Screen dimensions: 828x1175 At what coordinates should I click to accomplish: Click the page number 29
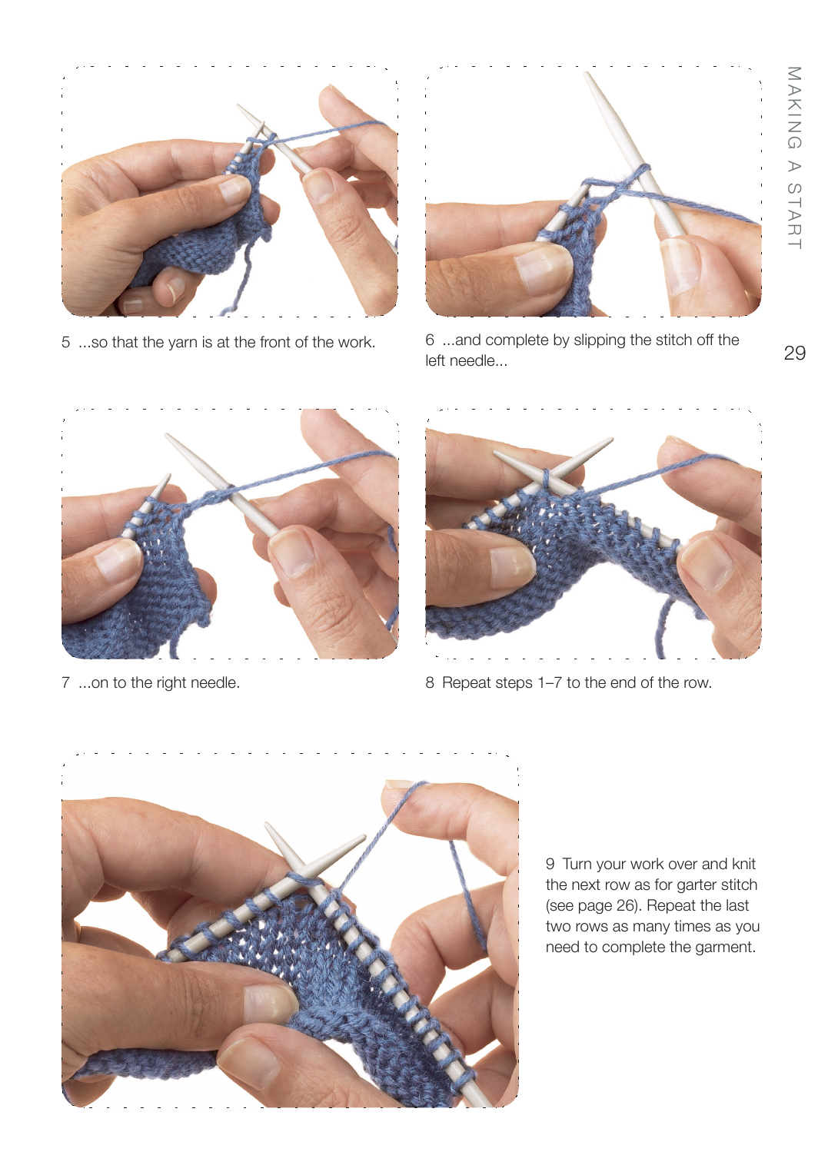point(794,353)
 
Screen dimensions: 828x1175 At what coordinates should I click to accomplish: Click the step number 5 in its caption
point(65,343)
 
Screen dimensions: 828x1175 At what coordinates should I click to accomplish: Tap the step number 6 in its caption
point(430,340)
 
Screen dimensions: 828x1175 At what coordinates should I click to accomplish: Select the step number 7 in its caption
point(65,682)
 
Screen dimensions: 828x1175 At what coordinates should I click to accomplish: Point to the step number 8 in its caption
point(430,682)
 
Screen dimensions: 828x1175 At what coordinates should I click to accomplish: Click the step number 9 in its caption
point(550,864)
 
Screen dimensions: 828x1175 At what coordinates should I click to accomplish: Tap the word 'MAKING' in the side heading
point(794,108)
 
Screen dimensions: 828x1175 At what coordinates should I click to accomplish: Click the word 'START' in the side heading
point(794,216)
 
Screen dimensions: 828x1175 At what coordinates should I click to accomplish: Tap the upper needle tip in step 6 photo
point(587,74)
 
